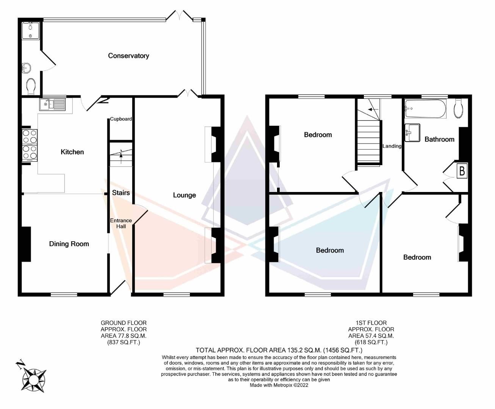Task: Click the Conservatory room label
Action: (128, 56)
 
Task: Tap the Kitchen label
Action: (72, 152)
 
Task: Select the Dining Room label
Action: (69, 244)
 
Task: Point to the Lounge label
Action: (184, 195)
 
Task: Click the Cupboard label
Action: (121, 119)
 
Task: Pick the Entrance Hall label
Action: (121, 223)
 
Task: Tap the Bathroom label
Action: (439, 139)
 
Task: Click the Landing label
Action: (392, 146)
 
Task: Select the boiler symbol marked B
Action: (462, 171)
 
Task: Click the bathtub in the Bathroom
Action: (425, 109)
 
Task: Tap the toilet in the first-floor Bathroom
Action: (458, 108)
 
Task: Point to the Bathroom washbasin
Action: (412, 133)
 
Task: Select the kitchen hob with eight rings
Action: (30, 145)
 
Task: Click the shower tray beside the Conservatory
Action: (30, 31)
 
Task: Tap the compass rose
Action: (34, 378)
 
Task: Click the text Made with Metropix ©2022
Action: (279, 385)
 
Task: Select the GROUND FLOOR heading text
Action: (124, 323)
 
